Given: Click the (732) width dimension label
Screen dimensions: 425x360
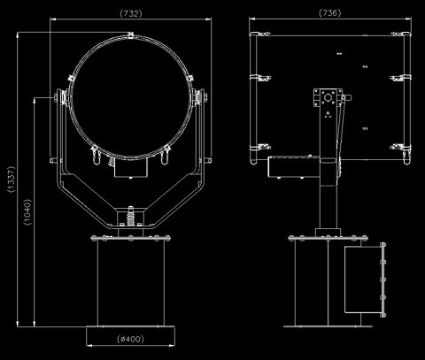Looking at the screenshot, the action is click(x=131, y=13).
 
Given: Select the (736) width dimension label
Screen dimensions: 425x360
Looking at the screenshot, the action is click(x=330, y=12).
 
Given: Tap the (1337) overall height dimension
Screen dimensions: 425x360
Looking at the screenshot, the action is click(x=11, y=180).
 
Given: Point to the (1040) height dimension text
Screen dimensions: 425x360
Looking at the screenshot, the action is click(x=27, y=212).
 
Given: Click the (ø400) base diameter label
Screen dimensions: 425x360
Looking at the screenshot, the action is click(x=130, y=339).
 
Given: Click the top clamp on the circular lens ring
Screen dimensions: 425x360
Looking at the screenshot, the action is click(x=130, y=34).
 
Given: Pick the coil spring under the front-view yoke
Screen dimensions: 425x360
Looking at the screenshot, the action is click(x=130, y=218).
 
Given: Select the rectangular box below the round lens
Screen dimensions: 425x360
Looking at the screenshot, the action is click(x=130, y=168).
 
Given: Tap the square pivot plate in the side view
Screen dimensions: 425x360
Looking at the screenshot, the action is click(x=328, y=97).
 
